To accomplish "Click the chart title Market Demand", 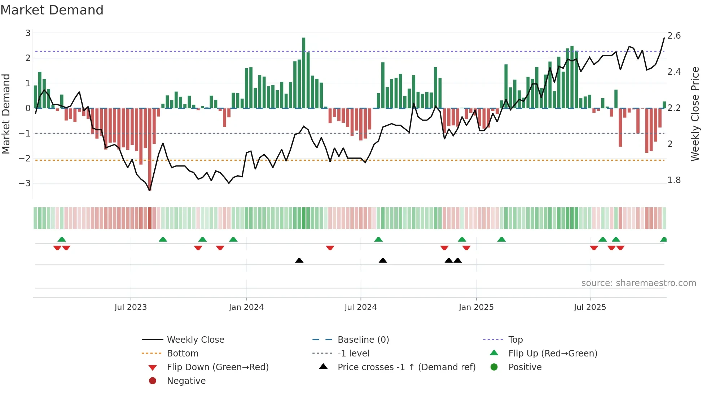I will coord(52,10).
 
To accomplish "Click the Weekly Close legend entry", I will coord(195,340).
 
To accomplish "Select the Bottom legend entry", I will coord(183,354).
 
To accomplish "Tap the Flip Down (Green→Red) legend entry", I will coord(218,367).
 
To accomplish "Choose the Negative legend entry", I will coord(186,381).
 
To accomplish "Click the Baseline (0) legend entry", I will coord(363,340).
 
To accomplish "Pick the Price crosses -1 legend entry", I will coord(406,367).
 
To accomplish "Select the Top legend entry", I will coord(515,340).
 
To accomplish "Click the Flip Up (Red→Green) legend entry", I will coord(553,354).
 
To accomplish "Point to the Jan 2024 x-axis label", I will coord(246,307).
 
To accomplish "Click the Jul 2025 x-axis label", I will coord(590,307).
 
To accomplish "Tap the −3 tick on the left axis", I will coord(25,183).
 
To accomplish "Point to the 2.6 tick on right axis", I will coord(674,36).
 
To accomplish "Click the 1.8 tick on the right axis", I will coord(674,180).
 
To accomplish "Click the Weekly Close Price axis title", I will coord(695,114).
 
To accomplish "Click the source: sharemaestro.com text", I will coord(638,283).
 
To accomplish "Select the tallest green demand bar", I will coord(304,72).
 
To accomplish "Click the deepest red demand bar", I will coord(150,148).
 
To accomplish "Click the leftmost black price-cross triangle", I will coord(299,260).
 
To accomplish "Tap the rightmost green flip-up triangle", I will coord(663,239).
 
